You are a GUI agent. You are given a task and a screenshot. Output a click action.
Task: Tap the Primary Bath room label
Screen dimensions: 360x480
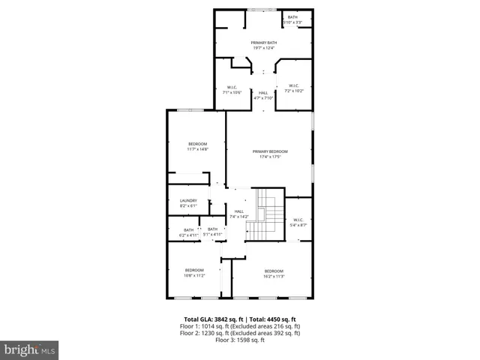click(264, 46)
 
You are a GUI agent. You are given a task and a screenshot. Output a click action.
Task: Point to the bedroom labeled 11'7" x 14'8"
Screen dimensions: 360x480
click(197, 146)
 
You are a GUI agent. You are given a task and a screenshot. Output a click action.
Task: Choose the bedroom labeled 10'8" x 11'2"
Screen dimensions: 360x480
click(194, 272)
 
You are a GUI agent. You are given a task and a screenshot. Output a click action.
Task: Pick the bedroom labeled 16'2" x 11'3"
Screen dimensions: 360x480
click(273, 273)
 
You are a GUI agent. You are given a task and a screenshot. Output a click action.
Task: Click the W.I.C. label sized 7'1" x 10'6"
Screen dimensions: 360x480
click(232, 90)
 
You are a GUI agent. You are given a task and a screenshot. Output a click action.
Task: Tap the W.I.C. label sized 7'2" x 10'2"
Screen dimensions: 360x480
click(295, 88)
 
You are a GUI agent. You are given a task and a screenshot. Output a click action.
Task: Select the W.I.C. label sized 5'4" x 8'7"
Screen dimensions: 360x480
click(298, 222)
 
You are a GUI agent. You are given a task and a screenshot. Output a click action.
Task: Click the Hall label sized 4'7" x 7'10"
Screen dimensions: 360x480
click(263, 95)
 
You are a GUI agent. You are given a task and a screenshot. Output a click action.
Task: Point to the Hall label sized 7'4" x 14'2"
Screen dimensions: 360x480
click(238, 214)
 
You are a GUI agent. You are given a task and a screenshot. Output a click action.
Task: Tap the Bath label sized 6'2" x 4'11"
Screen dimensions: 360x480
click(188, 232)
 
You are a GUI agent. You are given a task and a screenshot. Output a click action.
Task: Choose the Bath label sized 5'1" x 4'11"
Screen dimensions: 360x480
click(212, 232)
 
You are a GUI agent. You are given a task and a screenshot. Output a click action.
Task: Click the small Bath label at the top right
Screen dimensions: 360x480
click(292, 19)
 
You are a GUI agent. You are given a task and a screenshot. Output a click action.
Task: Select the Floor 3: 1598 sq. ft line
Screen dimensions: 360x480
click(240, 340)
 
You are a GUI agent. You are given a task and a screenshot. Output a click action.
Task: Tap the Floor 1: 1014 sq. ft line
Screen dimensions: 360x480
click(240, 326)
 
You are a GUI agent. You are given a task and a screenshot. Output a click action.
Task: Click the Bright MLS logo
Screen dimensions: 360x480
click(29, 350)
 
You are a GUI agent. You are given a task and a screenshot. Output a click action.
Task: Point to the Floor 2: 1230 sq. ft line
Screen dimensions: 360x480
click(240, 334)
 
